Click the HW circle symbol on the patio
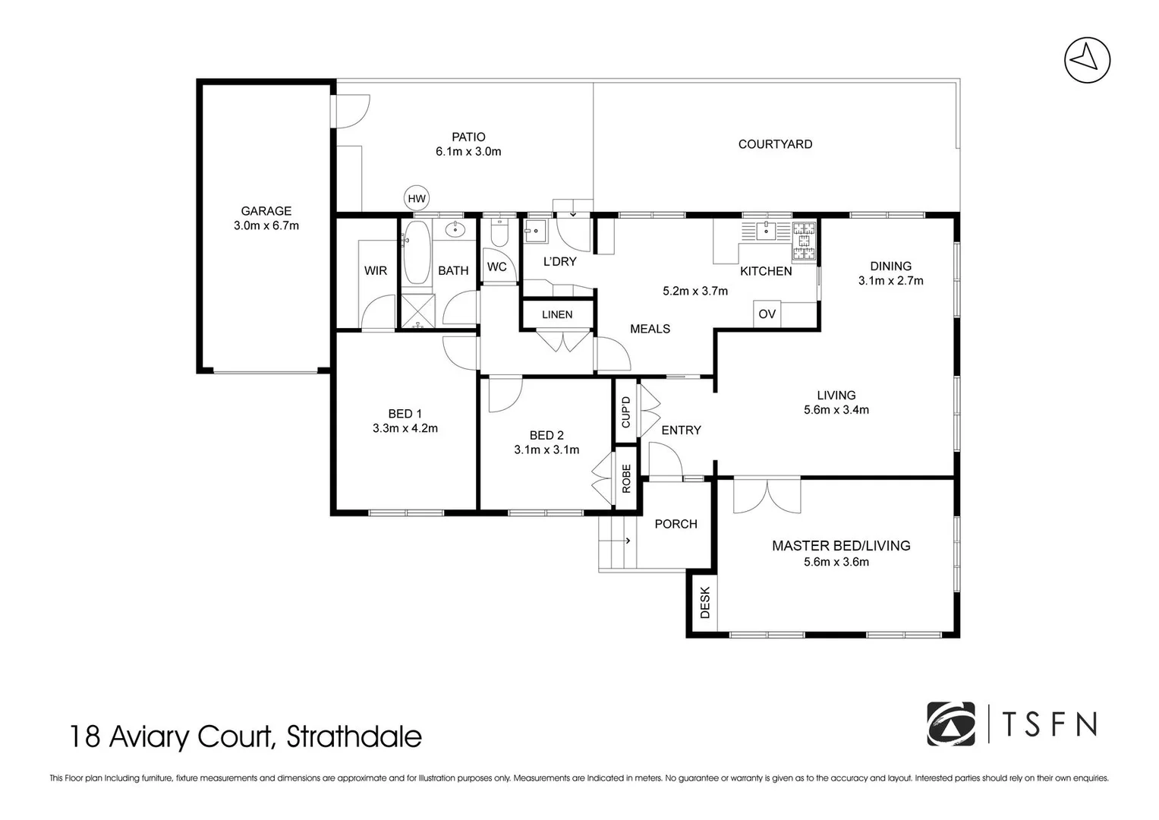coord(417,199)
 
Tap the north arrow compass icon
coord(1087,58)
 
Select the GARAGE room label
coord(266,211)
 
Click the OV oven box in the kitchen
coord(767,314)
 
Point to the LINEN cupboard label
coord(557,314)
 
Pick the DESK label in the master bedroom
coord(704,604)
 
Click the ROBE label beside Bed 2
coord(626,478)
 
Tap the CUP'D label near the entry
coord(626,412)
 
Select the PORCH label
coord(676,524)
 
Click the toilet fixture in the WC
coord(499,232)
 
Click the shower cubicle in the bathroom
coord(415,312)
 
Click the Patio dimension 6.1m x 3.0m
coord(468,151)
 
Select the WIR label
coord(376,270)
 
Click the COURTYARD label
coord(775,144)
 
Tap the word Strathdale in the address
coord(354,736)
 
